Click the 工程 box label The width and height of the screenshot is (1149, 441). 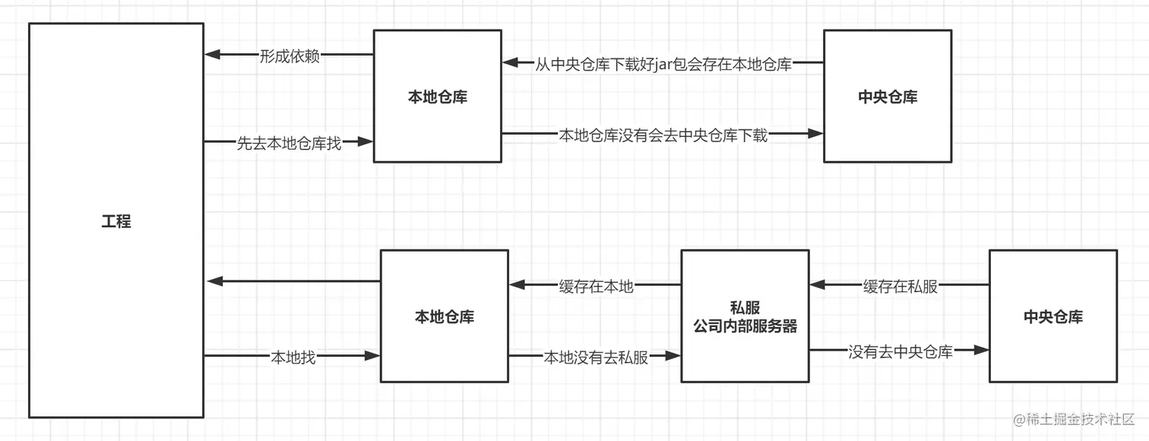tap(116, 222)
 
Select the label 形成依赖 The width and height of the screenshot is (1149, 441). tap(290, 56)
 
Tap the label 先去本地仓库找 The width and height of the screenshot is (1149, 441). tap(289, 142)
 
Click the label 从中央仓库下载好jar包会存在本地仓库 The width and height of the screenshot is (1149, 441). tap(663, 64)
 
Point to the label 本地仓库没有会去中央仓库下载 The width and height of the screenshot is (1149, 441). tap(663, 135)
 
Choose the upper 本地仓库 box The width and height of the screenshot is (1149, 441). tap(437, 97)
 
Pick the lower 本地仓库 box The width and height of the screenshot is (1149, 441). tap(444, 316)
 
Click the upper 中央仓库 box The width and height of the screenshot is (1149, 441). tap(888, 97)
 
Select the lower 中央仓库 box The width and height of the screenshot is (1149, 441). tap(1052, 316)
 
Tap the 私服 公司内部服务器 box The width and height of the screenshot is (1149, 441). tap(745, 316)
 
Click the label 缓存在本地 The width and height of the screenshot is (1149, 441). tap(596, 286)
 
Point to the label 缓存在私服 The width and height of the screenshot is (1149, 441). tap(900, 286)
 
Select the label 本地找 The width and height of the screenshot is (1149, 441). tap(293, 357)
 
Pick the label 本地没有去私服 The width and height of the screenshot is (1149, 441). tap(596, 357)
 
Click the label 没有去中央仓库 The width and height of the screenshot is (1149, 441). tap(900, 351)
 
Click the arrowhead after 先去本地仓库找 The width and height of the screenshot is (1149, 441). tap(365, 141)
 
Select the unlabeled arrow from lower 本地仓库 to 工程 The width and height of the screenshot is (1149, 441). tap(293, 281)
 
